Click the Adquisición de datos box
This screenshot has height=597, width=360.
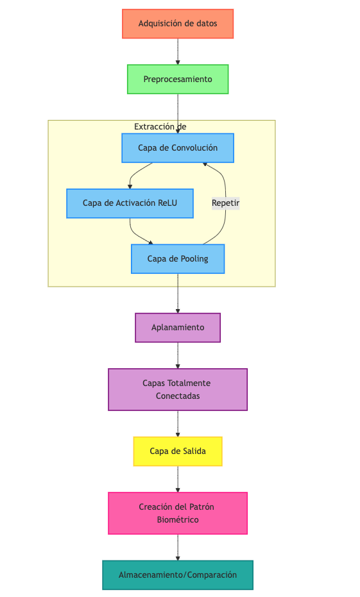click(178, 24)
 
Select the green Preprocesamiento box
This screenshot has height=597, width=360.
click(178, 80)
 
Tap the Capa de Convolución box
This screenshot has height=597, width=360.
click(178, 148)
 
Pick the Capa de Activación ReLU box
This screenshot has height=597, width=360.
click(130, 203)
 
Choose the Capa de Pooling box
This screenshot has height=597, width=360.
click(178, 259)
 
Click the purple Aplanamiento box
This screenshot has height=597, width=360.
click(178, 328)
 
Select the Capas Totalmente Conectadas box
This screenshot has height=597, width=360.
click(178, 389)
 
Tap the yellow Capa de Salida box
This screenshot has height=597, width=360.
click(178, 451)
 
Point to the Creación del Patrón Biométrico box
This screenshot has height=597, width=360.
click(178, 513)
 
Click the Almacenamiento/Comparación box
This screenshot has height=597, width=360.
click(178, 575)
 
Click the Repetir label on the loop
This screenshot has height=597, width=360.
click(225, 203)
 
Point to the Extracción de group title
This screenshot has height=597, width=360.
click(160, 127)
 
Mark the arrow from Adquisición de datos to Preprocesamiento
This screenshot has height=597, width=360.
click(178, 51)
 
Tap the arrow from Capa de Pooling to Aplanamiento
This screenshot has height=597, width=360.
click(178, 293)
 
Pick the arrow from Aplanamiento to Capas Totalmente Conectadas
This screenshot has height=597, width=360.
click(178, 355)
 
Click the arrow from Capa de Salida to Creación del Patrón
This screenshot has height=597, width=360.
click(178, 479)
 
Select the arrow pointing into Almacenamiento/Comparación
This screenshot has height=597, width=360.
click(178, 548)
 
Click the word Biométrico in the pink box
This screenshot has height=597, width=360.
click(178, 519)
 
